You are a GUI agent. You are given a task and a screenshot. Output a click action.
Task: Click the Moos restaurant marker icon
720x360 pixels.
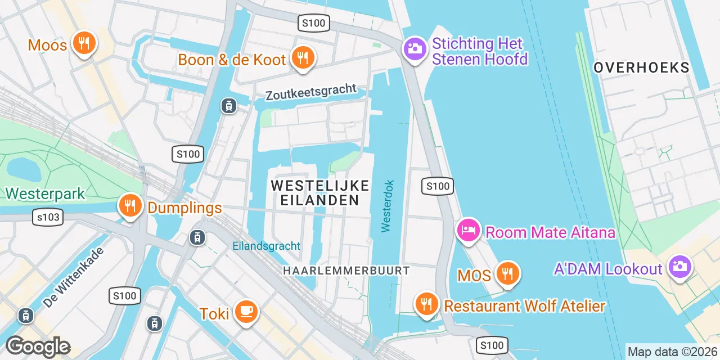pos(84,43)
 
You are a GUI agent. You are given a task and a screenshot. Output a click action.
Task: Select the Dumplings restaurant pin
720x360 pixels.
pos(130,206)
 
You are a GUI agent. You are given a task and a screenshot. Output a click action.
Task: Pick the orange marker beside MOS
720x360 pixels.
pos(508,274)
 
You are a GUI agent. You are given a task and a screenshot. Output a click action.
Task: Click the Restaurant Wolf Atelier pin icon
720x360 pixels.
pos(427,304)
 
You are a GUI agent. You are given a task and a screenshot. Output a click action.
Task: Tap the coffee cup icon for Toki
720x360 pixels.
pos(246,312)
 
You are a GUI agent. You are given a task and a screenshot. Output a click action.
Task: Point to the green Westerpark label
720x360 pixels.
pos(45,194)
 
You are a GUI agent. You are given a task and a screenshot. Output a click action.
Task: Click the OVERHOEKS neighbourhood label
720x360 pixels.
pos(641,67)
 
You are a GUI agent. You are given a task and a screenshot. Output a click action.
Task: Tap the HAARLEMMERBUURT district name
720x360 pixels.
pos(346,271)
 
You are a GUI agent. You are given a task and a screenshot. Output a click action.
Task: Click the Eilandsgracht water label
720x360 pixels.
pos(266,246)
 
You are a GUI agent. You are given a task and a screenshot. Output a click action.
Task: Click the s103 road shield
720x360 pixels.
pos(47,217)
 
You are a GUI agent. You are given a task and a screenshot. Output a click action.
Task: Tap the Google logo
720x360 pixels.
pos(38,346)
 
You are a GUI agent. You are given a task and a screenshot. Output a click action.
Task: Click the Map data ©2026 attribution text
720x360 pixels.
pos(673,352)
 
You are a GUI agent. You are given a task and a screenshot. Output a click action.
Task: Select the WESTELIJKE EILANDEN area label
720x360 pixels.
pos(320,192)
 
